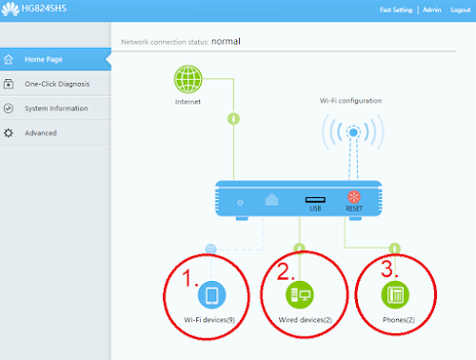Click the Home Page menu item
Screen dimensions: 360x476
[50, 60]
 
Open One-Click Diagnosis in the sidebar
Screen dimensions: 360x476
[57, 84]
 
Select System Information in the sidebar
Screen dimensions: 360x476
[56, 109]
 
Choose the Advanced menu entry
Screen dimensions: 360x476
[41, 132]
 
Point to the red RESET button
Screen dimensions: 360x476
[354, 201]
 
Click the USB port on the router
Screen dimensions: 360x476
[315, 201]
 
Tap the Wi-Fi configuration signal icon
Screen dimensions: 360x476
[354, 134]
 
